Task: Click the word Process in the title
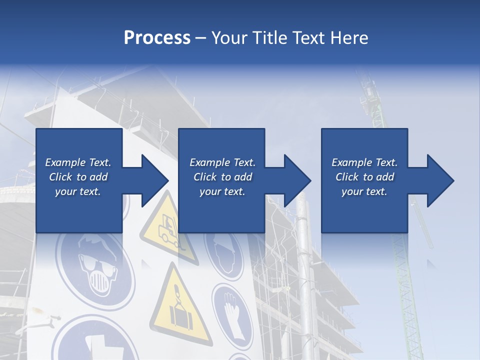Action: pyautogui.click(x=157, y=37)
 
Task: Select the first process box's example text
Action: pyautogui.click(x=78, y=177)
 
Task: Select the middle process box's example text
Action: pyautogui.click(x=222, y=177)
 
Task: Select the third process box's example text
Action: pyautogui.click(x=364, y=177)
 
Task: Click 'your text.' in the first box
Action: pyautogui.click(x=78, y=191)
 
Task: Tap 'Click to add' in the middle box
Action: pyautogui.click(x=222, y=177)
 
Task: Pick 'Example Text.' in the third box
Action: pyautogui.click(x=364, y=162)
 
